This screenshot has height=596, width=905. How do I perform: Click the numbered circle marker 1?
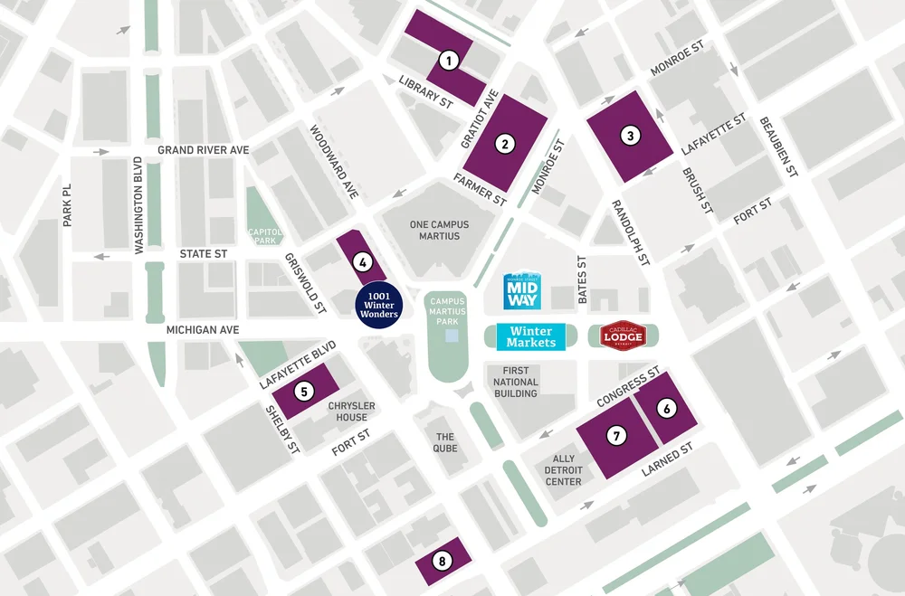tap(447, 61)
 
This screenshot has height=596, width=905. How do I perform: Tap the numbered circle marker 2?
tap(504, 142)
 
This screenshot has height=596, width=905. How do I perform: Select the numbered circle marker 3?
tap(630, 137)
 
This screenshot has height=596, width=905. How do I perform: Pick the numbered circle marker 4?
tap(362, 263)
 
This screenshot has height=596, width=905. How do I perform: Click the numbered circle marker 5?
tap(304, 392)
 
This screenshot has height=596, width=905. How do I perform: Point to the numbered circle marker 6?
tap(667, 409)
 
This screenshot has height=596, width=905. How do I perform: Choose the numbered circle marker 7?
tap(617, 436)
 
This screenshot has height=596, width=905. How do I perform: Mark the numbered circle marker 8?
tap(442, 562)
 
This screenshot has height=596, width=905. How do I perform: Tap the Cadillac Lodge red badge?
tap(624, 336)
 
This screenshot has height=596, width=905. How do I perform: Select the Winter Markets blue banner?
tap(531, 337)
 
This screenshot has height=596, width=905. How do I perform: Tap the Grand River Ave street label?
tap(203, 149)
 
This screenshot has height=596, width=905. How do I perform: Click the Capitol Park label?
tap(265, 236)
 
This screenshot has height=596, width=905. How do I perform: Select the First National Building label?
tap(516, 382)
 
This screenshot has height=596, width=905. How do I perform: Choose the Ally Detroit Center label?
tap(563, 470)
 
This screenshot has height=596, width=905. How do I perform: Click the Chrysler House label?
tap(352, 412)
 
